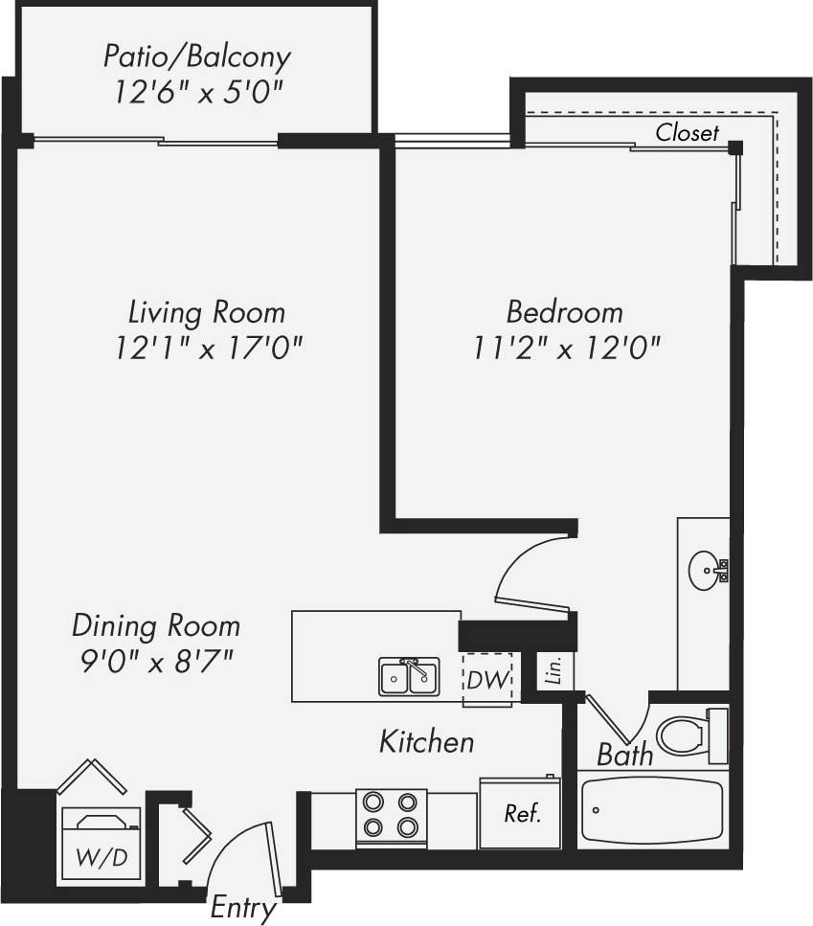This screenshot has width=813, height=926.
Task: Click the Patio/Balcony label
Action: click(x=196, y=56)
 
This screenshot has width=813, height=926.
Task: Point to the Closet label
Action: click(x=687, y=133)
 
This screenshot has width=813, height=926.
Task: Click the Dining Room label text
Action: click(x=156, y=626)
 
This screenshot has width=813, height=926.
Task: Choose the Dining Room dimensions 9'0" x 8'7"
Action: click(x=156, y=661)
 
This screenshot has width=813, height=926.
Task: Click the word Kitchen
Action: click(x=426, y=741)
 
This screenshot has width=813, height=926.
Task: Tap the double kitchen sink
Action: click(x=409, y=676)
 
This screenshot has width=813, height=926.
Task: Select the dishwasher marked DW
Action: click(x=486, y=680)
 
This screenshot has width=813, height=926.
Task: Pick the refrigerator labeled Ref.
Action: click(x=521, y=814)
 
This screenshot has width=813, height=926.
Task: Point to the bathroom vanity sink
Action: click(x=705, y=572)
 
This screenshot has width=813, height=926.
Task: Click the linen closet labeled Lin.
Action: click(x=553, y=670)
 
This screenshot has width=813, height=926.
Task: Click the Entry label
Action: click(x=244, y=906)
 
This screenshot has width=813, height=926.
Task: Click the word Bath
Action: click(x=624, y=755)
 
